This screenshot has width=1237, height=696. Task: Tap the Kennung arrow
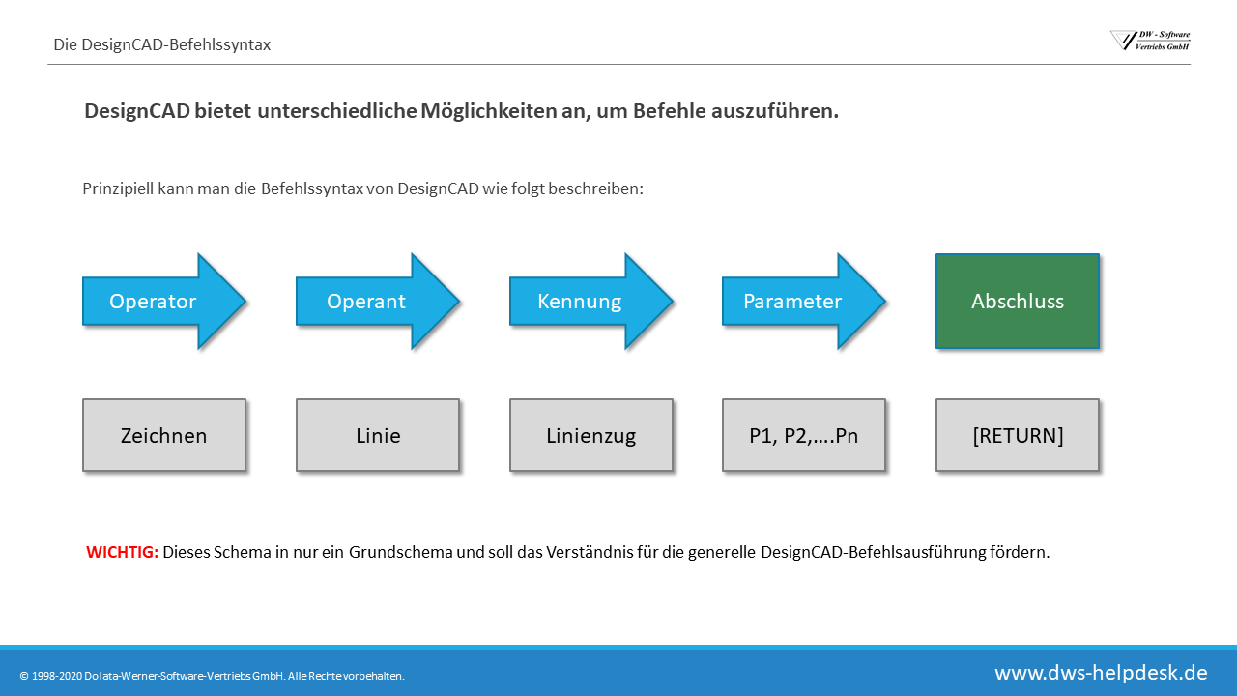tap(590, 301)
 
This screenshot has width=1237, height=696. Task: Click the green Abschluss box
tap(1018, 301)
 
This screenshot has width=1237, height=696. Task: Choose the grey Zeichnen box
tap(164, 435)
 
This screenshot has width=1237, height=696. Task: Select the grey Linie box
tap(378, 435)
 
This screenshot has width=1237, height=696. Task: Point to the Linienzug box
tap(590, 435)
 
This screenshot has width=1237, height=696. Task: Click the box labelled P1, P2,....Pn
tap(804, 435)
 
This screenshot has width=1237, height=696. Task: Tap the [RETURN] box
tap(1018, 435)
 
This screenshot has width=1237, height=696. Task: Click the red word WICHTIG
tap(122, 552)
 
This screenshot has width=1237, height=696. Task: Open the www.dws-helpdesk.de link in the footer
tap(1101, 673)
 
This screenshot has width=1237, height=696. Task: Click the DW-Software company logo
tap(1150, 41)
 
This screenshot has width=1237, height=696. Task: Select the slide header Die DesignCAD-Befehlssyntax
tap(161, 44)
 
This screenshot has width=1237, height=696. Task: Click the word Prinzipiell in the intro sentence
tap(118, 188)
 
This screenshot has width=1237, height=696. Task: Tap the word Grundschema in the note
tap(401, 552)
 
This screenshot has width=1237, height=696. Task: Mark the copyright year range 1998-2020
tap(56, 676)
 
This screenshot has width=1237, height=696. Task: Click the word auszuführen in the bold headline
tap(775, 111)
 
